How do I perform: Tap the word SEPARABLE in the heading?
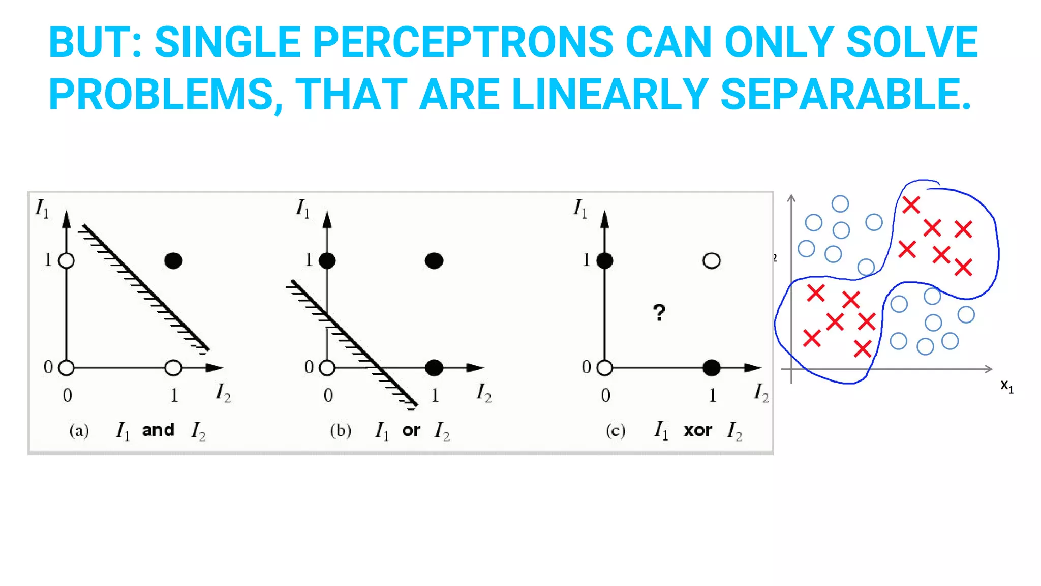[x=846, y=95]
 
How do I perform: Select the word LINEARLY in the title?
[x=609, y=95]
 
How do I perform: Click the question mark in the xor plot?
[x=659, y=312]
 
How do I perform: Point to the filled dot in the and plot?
[x=173, y=261]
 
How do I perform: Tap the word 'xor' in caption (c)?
[x=697, y=431]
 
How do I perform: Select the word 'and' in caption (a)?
[x=158, y=430]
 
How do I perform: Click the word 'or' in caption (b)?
[x=411, y=431]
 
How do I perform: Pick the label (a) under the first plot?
[x=79, y=431]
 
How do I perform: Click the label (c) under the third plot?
[x=616, y=431]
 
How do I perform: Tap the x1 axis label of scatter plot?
[x=1006, y=386]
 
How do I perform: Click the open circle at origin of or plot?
[x=327, y=368]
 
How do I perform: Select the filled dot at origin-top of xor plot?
[x=605, y=261]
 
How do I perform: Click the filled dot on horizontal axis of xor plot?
[x=711, y=368]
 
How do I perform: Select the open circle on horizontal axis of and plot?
[x=173, y=368]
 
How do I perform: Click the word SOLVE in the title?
[x=912, y=43]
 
